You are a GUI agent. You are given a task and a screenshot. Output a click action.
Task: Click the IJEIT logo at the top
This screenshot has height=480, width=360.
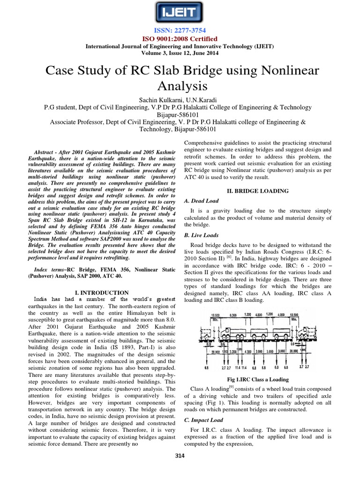point(180,12)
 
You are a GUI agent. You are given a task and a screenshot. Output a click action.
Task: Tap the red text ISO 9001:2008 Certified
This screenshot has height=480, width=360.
point(180,38)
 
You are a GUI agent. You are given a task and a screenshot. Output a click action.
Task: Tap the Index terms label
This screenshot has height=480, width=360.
point(51,270)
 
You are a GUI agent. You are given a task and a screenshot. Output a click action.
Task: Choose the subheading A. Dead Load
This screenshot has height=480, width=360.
point(202,201)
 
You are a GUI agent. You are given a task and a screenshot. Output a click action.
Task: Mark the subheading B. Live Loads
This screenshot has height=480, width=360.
point(201,235)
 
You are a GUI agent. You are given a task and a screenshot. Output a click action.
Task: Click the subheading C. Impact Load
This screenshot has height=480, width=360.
point(203,420)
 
